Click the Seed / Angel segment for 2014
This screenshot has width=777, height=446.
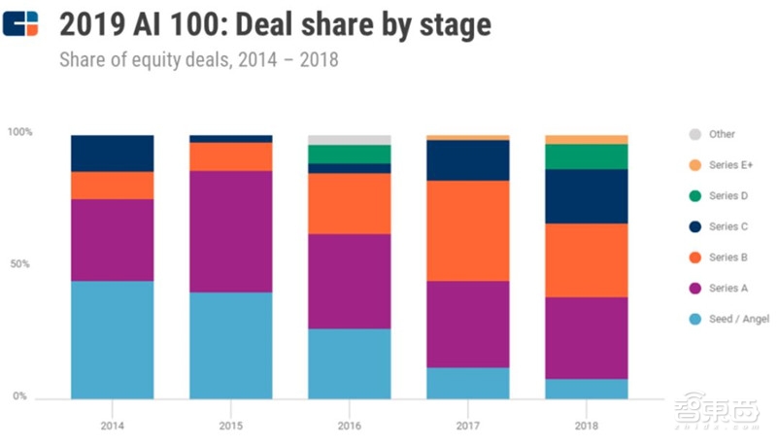click(x=112, y=339)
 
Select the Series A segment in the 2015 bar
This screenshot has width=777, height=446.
click(x=231, y=231)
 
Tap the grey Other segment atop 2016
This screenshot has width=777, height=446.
click(x=350, y=140)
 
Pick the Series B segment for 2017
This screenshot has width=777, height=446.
click(x=468, y=230)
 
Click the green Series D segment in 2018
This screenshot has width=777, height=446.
click(x=587, y=156)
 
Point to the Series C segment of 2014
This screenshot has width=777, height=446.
click(x=112, y=154)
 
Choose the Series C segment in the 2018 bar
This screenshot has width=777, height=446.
click(x=587, y=196)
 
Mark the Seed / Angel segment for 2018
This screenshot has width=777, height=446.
click(x=587, y=388)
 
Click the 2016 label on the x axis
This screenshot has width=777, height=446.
click(x=350, y=424)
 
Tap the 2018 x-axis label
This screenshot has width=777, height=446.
click(x=587, y=424)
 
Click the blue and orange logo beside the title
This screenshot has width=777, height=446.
click(x=20, y=23)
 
